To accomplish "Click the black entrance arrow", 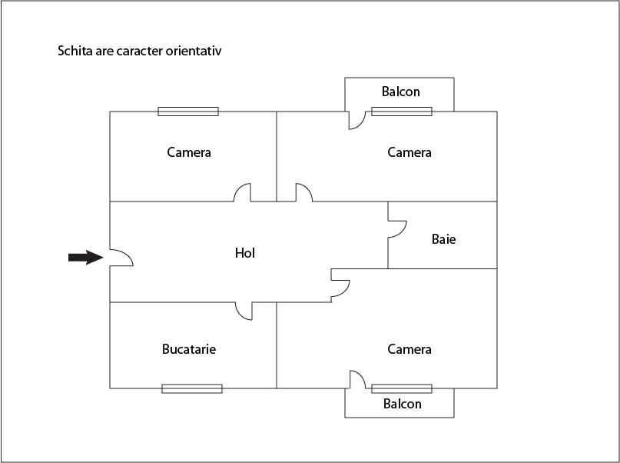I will tap(85, 258).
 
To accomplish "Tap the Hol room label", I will tap(245, 252).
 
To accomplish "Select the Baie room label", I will tap(443, 239).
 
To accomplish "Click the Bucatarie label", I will tap(189, 349).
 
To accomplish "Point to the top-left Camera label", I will tap(189, 152).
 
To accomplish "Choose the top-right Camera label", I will tap(409, 152).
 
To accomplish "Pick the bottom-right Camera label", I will tap(409, 349).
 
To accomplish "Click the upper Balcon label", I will tap(401, 92).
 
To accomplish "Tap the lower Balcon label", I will tap(402, 404).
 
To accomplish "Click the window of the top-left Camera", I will tap(188, 112).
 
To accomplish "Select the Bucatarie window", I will tap(192, 388).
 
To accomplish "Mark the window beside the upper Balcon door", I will tap(402, 112).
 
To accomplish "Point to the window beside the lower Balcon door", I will tap(402, 388).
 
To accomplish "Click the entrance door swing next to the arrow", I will tap(121, 258).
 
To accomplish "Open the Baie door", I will tap(396, 229).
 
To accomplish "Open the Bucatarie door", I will tap(244, 311).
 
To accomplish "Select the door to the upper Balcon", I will tap(356, 120).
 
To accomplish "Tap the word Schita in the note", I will tap(75, 52).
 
